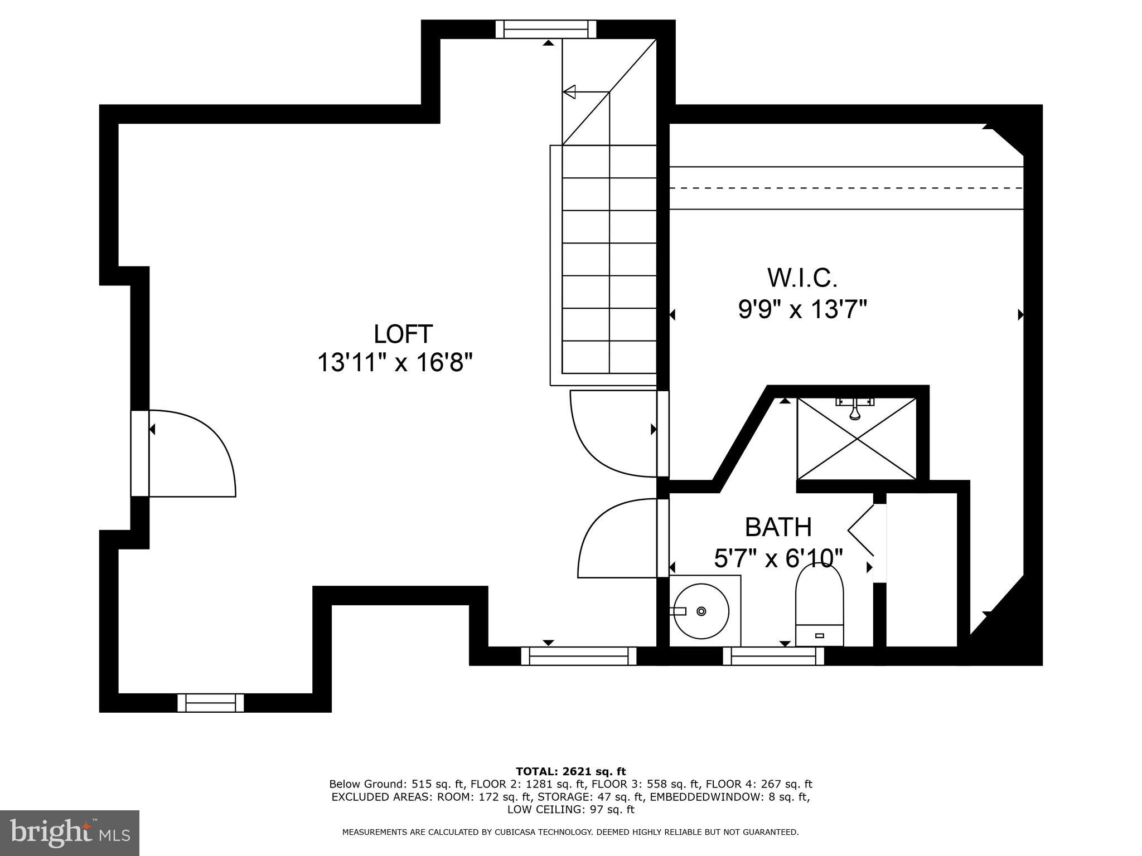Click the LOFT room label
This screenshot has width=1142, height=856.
pyautogui.click(x=403, y=334)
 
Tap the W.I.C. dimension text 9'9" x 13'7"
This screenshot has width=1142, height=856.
pyautogui.click(x=802, y=309)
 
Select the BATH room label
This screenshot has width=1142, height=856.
pyautogui.click(x=778, y=527)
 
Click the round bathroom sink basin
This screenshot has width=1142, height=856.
pyautogui.click(x=700, y=611)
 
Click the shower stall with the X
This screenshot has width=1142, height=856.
pyautogui.click(x=856, y=439)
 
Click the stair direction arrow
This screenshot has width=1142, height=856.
pyautogui.click(x=569, y=92)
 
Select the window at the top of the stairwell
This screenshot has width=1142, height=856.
pyautogui.click(x=546, y=29)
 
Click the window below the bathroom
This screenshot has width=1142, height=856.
pyautogui.click(x=773, y=656)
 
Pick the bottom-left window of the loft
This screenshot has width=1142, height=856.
pyautogui.click(x=211, y=703)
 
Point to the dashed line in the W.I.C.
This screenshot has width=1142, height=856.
pyautogui.click(x=846, y=188)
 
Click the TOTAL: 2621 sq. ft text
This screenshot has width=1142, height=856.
pyautogui.click(x=570, y=772)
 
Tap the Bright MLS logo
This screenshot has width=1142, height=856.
pyautogui.click(x=70, y=833)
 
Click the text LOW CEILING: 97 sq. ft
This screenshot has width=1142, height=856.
pyautogui.click(x=570, y=809)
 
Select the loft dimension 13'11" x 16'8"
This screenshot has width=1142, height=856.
pyautogui.click(x=395, y=363)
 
